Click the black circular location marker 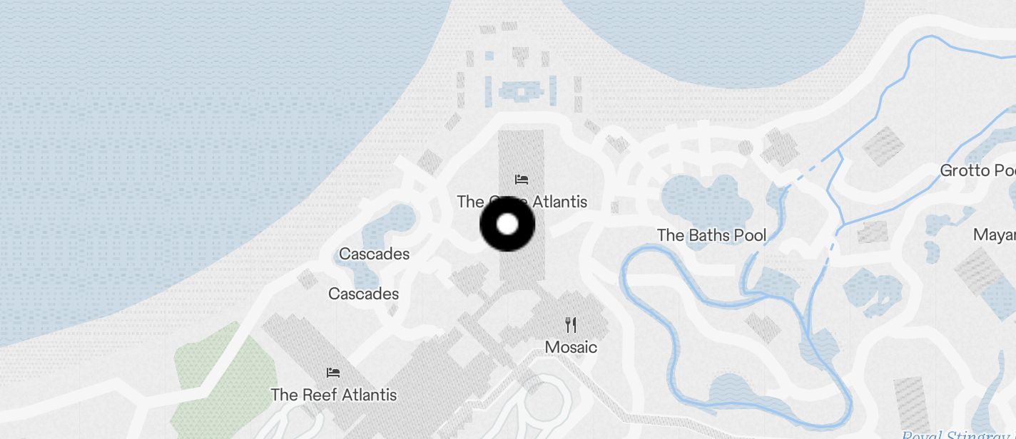(507, 224)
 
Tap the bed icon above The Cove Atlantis (522, 179)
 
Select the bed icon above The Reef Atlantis (333, 372)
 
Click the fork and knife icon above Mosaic (571, 325)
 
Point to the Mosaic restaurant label (571, 347)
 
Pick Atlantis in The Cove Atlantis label (559, 202)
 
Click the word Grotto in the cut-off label (965, 170)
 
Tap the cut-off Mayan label (995, 235)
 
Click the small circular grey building (746, 148)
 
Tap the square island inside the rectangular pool (521, 91)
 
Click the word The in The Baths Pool (670, 235)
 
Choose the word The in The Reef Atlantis (284, 394)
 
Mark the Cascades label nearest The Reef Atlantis (363, 294)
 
